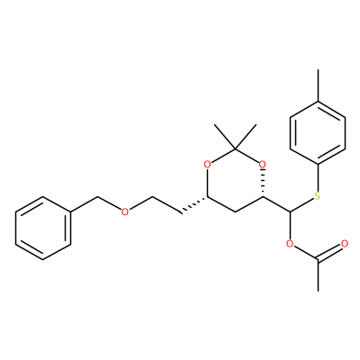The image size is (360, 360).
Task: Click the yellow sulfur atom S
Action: click(318, 196)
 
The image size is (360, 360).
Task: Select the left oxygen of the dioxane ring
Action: click(207, 164)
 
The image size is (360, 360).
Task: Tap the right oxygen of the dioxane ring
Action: click(262, 164)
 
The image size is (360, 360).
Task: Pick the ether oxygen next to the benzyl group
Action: click(125, 211)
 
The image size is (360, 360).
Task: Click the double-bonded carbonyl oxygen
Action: click(345, 243)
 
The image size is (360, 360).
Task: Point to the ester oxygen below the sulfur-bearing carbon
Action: click(290, 244)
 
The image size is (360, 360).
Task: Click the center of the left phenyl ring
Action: click(43, 228)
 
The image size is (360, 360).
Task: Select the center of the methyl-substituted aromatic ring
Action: click(318, 133)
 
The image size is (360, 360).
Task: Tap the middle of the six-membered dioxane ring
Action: click(235, 180)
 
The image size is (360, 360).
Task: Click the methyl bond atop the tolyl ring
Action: click(318, 85)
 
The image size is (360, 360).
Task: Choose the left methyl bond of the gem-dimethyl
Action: click(225, 136)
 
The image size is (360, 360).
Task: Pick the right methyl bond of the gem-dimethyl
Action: click(246, 136)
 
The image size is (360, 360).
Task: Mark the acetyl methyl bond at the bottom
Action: click(318, 275)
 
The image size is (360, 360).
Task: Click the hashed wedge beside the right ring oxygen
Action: click(263, 184)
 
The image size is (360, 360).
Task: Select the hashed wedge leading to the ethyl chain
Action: click(193, 205)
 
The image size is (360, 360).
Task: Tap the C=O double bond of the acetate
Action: click(330, 251)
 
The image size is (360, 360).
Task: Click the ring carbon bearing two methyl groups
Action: click(235, 148)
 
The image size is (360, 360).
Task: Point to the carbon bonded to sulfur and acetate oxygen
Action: click(290, 212)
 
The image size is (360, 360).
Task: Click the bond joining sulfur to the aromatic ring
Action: click(318, 178)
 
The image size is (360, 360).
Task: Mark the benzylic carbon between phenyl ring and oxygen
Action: click(98, 197)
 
